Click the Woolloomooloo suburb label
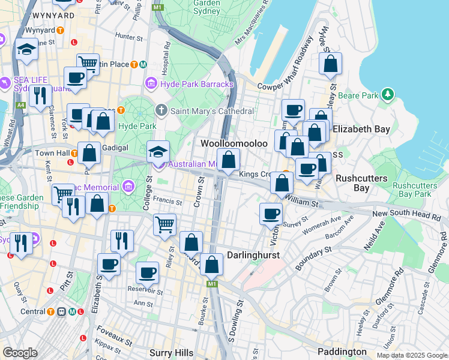(234, 144)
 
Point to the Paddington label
(343, 352)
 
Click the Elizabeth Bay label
(361, 129)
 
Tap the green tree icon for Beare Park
(388, 95)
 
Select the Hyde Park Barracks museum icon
(151, 83)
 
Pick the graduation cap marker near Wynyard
(26, 49)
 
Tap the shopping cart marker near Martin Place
(88, 62)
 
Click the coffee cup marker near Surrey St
(271, 213)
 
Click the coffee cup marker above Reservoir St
(147, 272)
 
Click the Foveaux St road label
(113, 340)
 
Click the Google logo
(20, 353)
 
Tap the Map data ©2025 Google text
(411, 355)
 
